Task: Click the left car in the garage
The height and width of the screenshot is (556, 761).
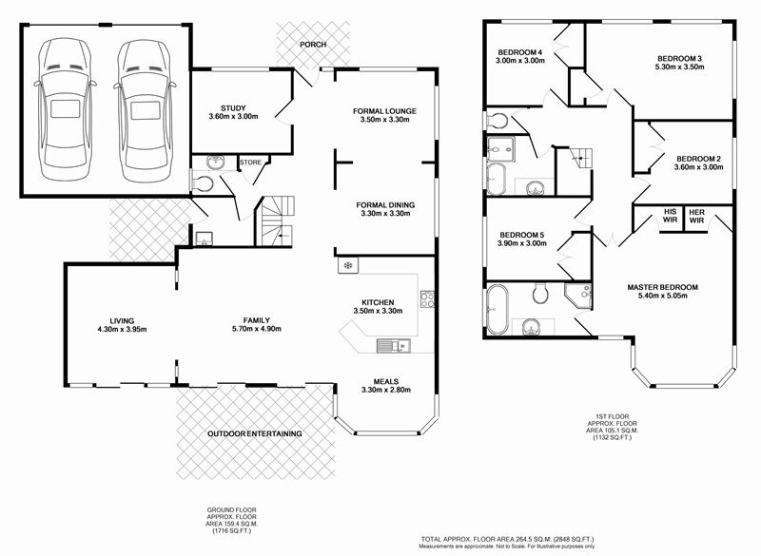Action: [65, 109]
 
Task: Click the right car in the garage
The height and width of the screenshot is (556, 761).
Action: [145, 110]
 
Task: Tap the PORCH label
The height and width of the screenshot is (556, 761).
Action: [313, 45]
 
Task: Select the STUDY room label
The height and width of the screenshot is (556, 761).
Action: [233, 108]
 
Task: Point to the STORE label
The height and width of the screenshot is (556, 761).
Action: [250, 163]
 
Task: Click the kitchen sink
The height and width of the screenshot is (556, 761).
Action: [394, 346]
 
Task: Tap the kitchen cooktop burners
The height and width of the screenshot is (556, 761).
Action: [427, 299]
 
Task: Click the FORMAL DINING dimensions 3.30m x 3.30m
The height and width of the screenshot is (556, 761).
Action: [386, 213]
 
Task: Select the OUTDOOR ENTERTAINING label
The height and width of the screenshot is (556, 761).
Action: [255, 433]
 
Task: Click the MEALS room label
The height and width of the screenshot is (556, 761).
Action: [386, 381]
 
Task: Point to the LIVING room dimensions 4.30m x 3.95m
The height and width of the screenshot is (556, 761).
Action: [123, 330]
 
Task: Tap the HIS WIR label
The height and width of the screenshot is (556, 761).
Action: [671, 216]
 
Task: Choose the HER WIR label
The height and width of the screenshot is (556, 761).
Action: [697, 216]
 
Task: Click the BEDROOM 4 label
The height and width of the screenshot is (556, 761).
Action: [520, 52]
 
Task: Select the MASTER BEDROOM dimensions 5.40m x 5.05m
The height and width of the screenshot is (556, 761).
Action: [663, 296]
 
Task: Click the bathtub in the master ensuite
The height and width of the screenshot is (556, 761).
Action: [498, 310]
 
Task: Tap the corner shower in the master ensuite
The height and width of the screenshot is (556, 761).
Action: [578, 296]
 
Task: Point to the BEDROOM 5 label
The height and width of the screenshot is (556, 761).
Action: [522, 235]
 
